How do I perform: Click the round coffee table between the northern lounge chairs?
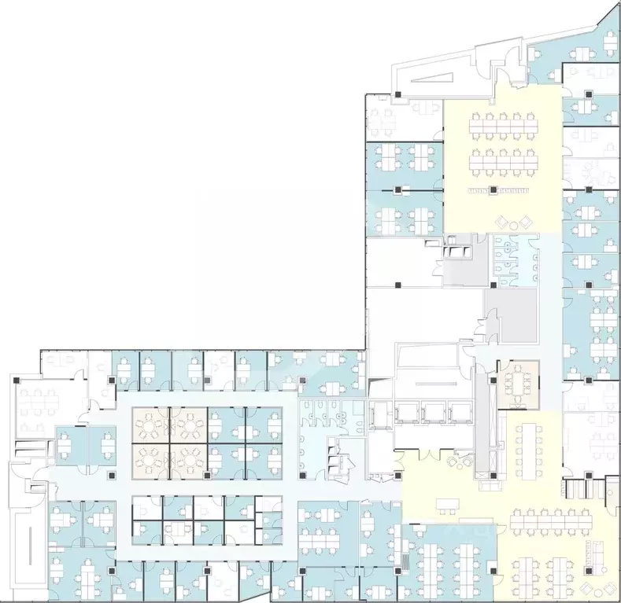pos(513,226)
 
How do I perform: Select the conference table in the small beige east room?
pos(518,382)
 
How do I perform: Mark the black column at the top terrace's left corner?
pos(399,95)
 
